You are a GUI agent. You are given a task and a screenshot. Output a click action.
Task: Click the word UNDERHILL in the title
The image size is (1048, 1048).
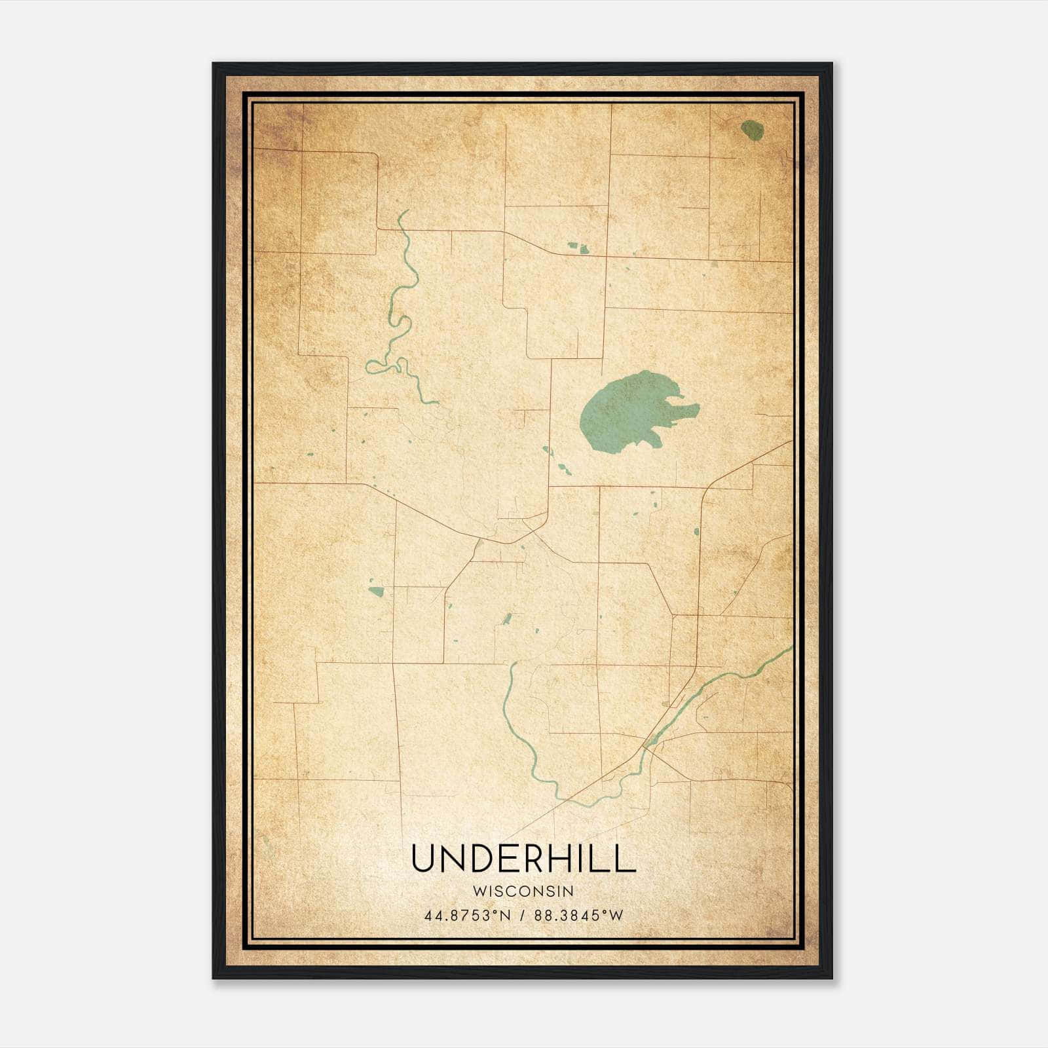click(523, 858)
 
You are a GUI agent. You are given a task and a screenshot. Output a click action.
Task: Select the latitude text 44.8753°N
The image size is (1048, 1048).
click(467, 916)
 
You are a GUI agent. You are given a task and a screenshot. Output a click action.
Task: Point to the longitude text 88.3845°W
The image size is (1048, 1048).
click(578, 916)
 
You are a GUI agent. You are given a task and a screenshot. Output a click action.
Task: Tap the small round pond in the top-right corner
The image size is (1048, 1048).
click(753, 130)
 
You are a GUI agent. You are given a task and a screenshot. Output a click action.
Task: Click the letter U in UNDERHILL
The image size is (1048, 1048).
click(424, 858)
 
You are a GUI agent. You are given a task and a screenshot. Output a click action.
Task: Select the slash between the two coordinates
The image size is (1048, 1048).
click(523, 916)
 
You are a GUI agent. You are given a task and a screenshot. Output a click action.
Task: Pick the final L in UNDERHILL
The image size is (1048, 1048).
click(626, 858)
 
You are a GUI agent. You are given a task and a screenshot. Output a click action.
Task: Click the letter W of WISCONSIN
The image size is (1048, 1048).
click(477, 891)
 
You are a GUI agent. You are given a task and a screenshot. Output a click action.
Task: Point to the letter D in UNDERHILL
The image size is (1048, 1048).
click(481, 858)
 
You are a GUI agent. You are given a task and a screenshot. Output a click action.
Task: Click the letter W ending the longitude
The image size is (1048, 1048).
click(616, 916)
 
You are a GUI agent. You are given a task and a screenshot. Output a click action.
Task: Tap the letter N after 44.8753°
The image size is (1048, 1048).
click(505, 916)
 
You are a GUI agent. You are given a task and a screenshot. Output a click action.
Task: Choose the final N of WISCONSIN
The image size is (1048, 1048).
click(569, 891)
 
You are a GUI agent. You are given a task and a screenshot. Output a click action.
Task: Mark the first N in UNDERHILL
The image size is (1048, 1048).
click(453, 858)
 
